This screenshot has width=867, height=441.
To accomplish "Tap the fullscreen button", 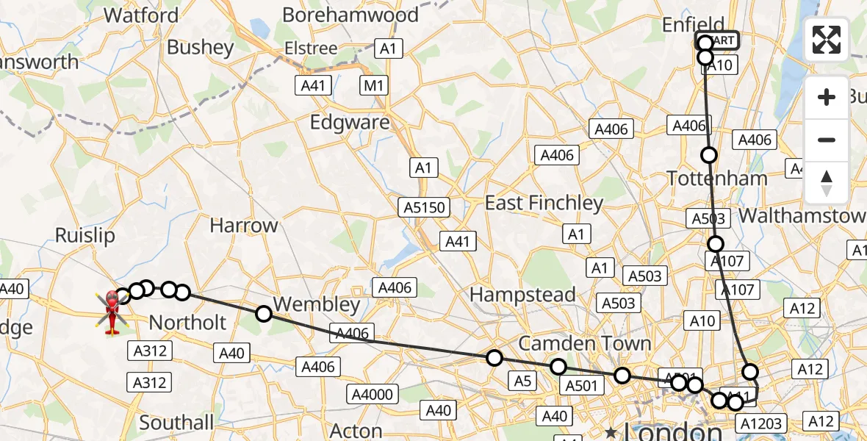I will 827,40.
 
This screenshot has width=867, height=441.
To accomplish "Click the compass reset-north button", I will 827,183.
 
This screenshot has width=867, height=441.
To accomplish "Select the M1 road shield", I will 374,86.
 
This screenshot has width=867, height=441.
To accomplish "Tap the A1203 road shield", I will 761,423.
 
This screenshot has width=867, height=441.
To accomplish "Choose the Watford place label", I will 141,15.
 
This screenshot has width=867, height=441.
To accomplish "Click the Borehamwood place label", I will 350,15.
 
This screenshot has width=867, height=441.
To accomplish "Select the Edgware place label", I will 350,122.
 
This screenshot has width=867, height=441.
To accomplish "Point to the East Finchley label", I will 544,203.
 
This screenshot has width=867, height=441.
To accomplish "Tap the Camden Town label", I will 585,343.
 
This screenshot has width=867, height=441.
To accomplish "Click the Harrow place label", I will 244,225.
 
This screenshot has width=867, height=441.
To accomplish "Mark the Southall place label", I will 176,423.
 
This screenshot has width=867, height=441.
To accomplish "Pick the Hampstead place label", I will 522,295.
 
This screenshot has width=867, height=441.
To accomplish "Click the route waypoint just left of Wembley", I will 264,314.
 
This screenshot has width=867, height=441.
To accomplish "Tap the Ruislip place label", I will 86,235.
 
